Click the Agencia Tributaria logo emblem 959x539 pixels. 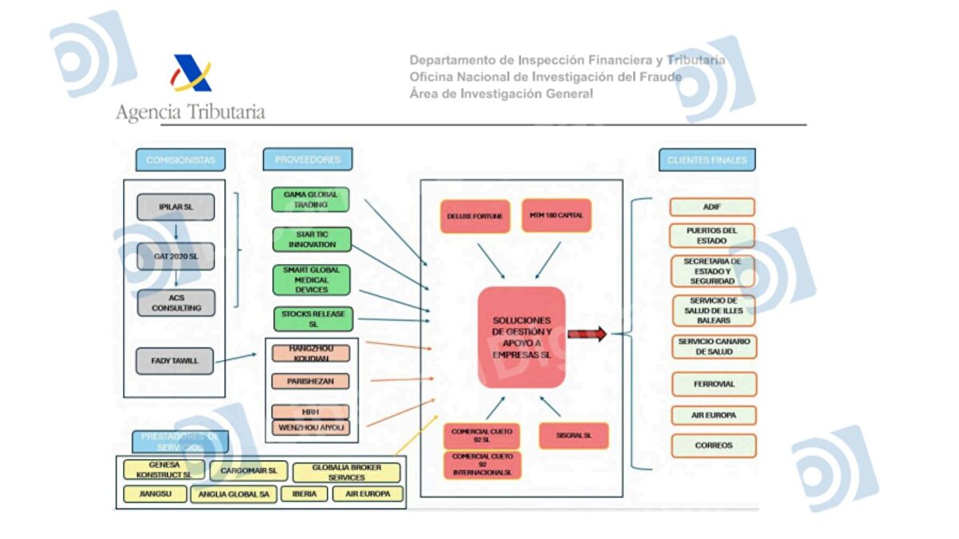coord(191,73)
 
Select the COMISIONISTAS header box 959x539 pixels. coord(180,160)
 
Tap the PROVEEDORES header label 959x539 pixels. coord(308,160)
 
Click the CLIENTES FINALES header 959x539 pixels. coord(706,160)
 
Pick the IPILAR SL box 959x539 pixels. coord(176,208)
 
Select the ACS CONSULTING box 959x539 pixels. coord(176,303)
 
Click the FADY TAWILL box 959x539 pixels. coord(174,361)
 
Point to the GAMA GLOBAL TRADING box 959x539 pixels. coord(311,200)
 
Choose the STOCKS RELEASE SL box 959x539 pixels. coord(312,319)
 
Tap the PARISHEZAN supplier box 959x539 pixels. coord(310,381)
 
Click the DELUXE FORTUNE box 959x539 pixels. coord(475,216)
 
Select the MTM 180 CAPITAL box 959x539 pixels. coord(556,216)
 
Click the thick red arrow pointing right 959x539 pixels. coord(587,334)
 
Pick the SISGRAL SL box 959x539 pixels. coord(574,436)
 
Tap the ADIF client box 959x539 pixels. coord(712,207)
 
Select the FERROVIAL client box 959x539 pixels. coord(714,384)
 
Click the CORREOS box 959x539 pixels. coord(714,446)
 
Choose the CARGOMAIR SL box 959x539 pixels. coord(249,471)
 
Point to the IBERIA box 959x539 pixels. coord(304,494)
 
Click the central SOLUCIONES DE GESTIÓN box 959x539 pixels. coord(521,337)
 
